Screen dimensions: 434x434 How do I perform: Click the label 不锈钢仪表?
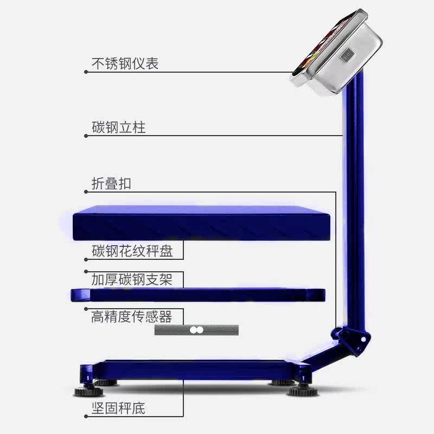(125, 63)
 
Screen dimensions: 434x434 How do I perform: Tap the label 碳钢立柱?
(118, 127)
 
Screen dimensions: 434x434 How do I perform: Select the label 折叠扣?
(111, 184)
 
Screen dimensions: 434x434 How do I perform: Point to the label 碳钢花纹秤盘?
(132, 251)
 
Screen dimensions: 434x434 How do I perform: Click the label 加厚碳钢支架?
(132, 280)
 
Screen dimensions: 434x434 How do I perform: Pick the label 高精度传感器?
(131, 316)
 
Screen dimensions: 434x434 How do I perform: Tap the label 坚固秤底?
(118, 408)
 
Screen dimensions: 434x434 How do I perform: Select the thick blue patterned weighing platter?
(201, 222)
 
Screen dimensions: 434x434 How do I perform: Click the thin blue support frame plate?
(198, 295)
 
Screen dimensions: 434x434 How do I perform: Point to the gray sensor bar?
(196, 330)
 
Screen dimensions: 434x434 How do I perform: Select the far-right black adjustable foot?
(301, 391)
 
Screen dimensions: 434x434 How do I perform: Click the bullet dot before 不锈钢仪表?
(86, 72)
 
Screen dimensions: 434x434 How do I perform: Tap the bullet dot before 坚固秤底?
(86, 417)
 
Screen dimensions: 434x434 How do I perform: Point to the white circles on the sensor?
(196, 330)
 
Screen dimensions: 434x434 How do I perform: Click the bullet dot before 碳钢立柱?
(86, 136)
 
